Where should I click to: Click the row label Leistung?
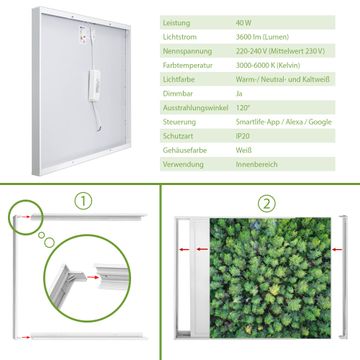(176, 23)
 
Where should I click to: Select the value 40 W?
(244, 23)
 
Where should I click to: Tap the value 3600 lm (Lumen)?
(262, 37)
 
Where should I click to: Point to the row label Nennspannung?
(187, 51)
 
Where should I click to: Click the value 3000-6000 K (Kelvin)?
(268, 65)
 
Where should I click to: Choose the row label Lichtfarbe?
(179, 80)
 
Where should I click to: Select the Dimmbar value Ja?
(239, 94)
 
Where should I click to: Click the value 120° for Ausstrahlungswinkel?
(243, 108)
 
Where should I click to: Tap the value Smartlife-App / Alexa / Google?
(284, 122)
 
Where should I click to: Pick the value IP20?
(243, 136)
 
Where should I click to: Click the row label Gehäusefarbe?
(185, 150)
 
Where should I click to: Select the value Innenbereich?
(256, 164)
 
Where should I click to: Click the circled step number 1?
(83, 201)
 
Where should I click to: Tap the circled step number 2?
(267, 204)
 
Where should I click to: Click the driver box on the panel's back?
(94, 85)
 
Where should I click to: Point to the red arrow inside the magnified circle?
(93, 277)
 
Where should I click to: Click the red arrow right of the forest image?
(337, 249)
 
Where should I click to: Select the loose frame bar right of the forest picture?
(344, 277)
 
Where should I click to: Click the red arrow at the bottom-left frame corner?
(24, 337)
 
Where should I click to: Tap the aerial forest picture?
(270, 278)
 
